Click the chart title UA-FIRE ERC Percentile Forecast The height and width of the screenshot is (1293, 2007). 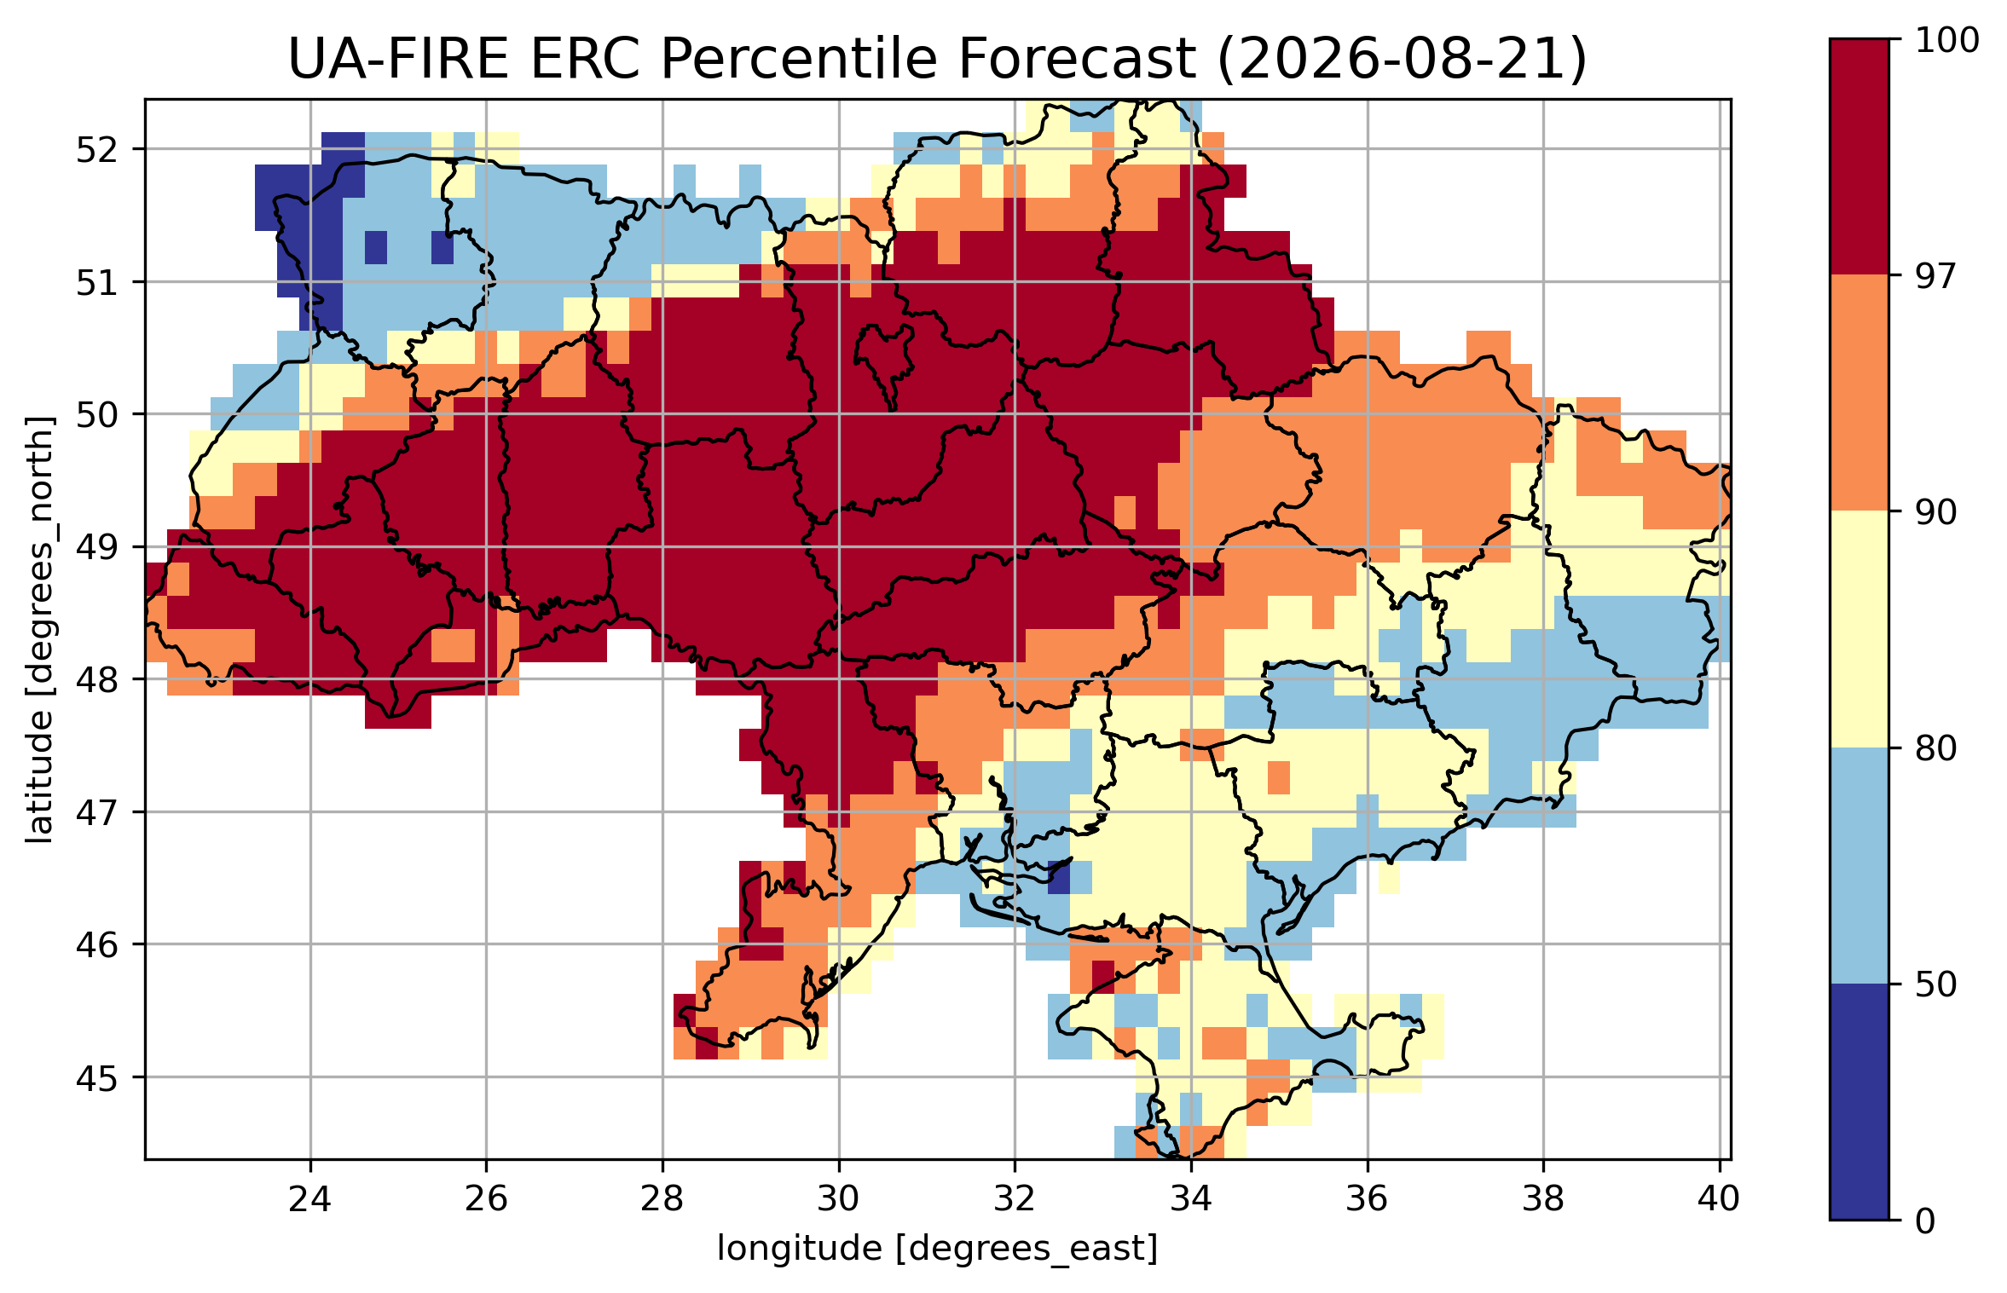click(741, 60)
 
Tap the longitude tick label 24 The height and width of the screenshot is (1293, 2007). click(310, 1199)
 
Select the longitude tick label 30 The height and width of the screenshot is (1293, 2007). click(839, 1199)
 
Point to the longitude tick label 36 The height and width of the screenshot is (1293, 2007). click(1368, 1199)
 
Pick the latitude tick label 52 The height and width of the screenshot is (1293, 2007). click(97, 150)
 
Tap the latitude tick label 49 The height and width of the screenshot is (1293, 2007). click(97, 547)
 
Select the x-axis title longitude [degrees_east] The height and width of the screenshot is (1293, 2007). click(938, 1249)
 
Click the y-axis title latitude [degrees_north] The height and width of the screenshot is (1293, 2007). click(40, 630)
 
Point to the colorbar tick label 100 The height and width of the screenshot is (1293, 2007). click(1947, 40)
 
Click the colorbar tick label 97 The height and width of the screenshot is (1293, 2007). click(1936, 276)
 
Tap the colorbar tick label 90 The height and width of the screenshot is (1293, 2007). click(1936, 512)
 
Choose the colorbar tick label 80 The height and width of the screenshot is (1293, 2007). click(1936, 748)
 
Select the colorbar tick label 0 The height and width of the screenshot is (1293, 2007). click(1926, 1221)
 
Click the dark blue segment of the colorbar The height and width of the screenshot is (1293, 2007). click(1860, 1102)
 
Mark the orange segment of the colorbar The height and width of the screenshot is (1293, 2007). click(1860, 393)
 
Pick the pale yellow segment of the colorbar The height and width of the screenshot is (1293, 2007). click(1860, 629)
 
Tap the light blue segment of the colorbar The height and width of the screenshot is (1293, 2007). click(1860, 866)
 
